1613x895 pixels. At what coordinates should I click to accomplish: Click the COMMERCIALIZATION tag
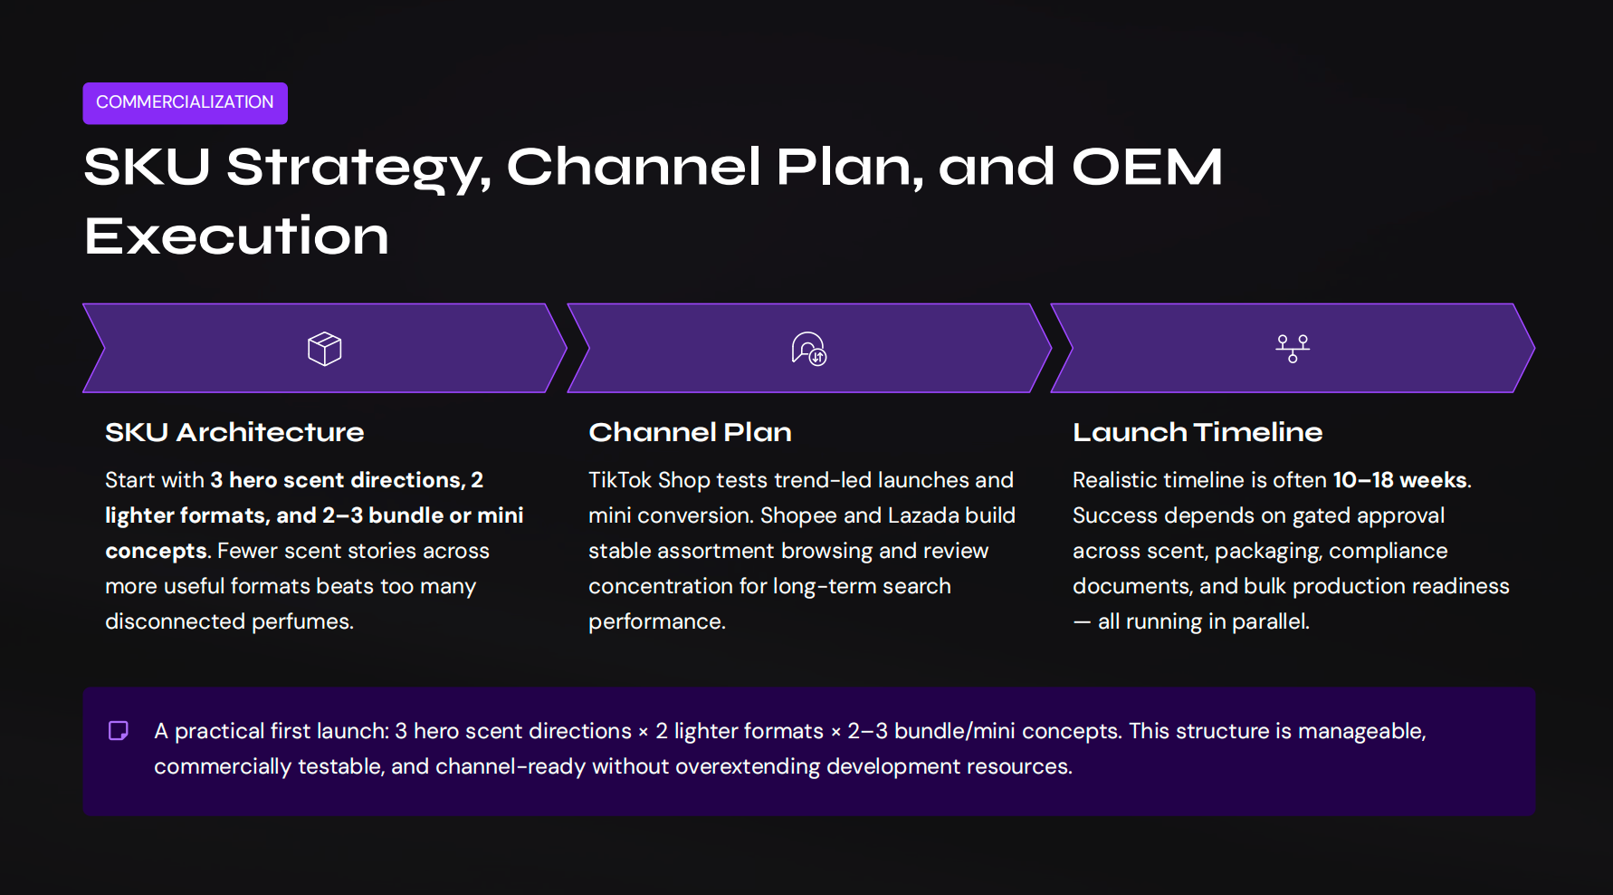point(185,102)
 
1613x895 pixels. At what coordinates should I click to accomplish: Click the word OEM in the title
point(1147,168)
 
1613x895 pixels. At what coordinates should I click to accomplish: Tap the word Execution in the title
point(236,236)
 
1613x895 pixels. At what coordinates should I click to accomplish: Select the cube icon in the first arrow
point(324,349)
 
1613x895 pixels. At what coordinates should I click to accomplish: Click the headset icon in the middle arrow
point(808,349)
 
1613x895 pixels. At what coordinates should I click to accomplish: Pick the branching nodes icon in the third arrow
point(1293,349)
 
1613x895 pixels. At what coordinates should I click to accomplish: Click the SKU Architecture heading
point(234,432)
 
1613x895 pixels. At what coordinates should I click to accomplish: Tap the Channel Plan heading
point(690,432)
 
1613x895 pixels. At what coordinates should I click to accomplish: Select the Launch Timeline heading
point(1198,432)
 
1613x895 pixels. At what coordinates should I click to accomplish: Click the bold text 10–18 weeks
point(1399,480)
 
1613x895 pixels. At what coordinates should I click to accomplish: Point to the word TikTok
point(620,480)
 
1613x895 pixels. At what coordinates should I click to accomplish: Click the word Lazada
point(923,515)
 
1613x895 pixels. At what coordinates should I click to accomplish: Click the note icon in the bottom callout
point(119,731)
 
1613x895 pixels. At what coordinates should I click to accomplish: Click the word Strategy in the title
point(358,169)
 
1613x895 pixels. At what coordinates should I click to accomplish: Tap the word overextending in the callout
point(748,766)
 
